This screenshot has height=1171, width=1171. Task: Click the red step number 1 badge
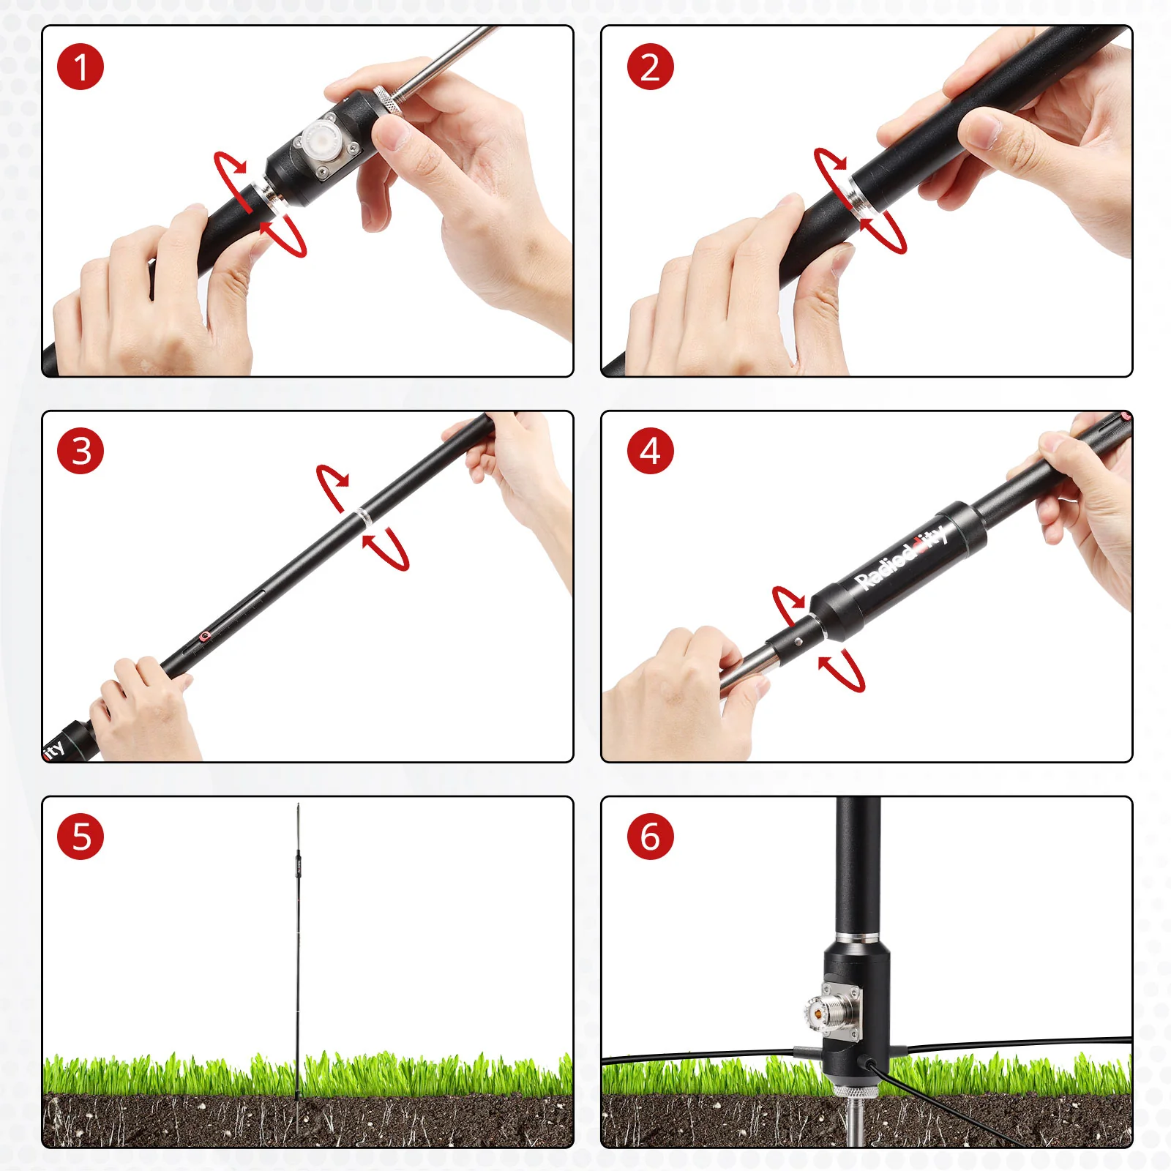pos(81,67)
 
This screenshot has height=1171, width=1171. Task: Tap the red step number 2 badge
pos(650,67)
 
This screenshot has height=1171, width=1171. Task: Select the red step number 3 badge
pos(81,451)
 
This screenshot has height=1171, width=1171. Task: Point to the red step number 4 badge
pos(650,451)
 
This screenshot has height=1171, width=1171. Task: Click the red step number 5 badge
pos(81,837)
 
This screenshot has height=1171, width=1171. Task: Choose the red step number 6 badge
pos(650,837)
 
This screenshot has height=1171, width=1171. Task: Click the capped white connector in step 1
pos(320,138)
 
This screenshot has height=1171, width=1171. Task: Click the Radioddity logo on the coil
pos(902,558)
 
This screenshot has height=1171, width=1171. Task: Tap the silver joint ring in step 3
pos(363,516)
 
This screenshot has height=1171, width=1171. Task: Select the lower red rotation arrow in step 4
pos(845,670)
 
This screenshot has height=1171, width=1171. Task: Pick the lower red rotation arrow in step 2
pos(886,231)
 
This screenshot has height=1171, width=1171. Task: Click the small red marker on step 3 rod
pos(205,636)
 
